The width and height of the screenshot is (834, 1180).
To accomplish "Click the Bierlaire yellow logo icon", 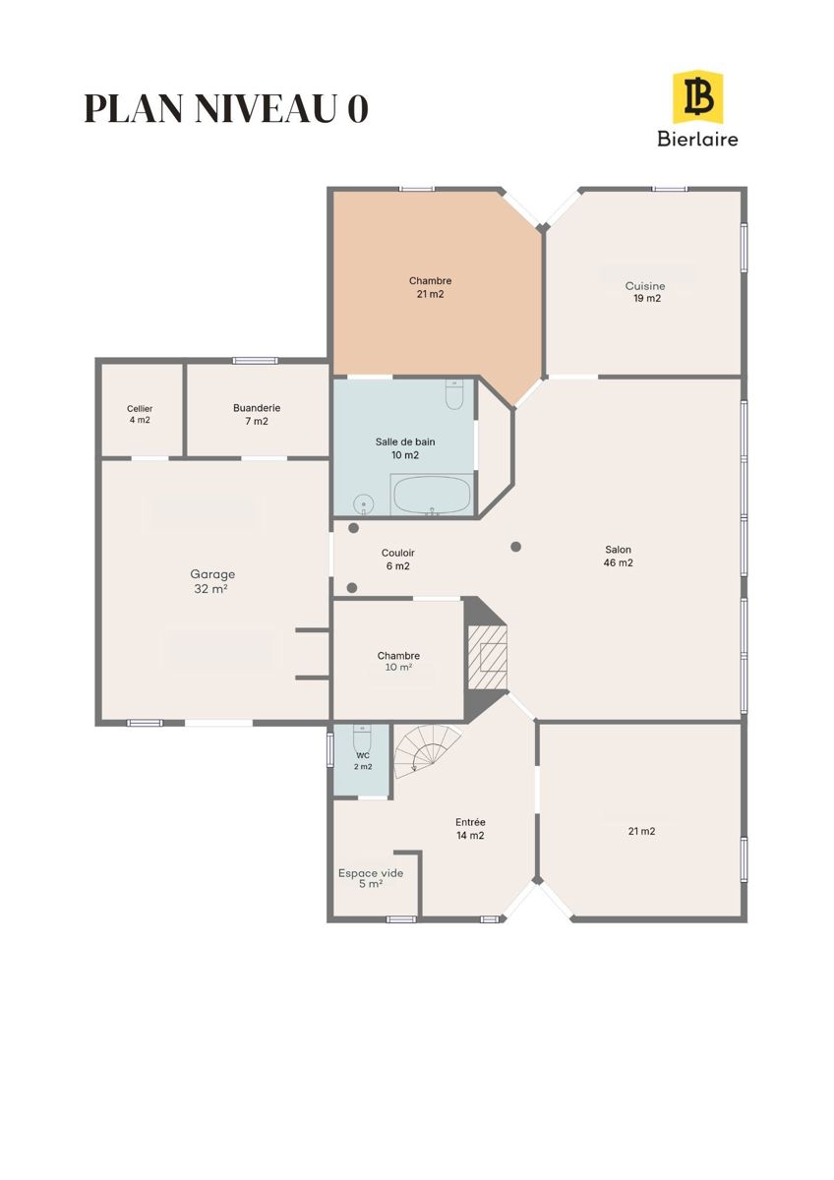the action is click(x=697, y=97).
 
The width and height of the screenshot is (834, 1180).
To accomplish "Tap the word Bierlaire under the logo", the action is click(x=697, y=139).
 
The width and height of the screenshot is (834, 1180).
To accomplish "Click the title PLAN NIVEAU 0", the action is click(x=226, y=108).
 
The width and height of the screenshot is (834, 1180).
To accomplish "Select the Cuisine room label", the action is click(x=645, y=292).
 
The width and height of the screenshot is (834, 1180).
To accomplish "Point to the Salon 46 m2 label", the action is click(x=618, y=556).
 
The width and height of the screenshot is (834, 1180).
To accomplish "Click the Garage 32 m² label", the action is click(x=212, y=581).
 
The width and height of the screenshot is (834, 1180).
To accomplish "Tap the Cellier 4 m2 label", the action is click(x=140, y=414).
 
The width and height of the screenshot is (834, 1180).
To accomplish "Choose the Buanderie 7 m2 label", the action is click(x=257, y=414).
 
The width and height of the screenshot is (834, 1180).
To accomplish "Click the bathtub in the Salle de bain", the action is click(x=433, y=494).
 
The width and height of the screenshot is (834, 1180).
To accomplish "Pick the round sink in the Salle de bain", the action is click(x=363, y=504).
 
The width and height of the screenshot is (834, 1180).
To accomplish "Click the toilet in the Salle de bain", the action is click(x=453, y=394).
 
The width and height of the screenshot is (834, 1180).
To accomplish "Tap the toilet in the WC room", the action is click(x=363, y=739).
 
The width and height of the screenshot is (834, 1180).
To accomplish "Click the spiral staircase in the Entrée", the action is click(x=428, y=748).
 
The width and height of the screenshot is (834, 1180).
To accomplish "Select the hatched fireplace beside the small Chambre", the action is click(x=488, y=657).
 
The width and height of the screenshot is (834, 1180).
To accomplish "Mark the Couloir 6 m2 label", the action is click(x=397, y=560).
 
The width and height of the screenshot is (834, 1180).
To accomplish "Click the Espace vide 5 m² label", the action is click(x=371, y=878).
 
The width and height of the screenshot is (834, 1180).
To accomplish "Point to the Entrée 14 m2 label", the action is click(x=470, y=829).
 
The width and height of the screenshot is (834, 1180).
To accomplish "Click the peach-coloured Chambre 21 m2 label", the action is click(x=430, y=287).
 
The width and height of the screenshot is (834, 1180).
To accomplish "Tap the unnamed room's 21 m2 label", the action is click(x=641, y=831).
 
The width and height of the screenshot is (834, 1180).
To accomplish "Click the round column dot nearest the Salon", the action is click(x=515, y=547).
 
